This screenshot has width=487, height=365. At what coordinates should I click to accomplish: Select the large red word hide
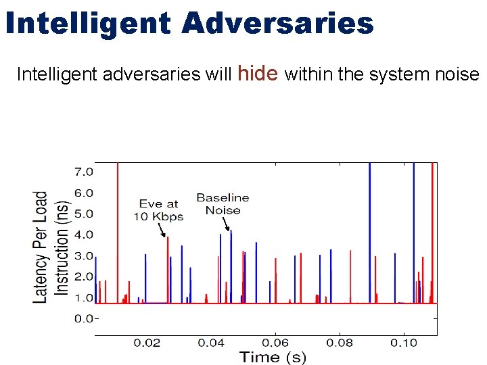coord(259,72)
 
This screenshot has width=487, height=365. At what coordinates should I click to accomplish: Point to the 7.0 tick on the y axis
coord(84,172)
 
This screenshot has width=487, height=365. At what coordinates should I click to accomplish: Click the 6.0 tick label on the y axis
coord(84,193)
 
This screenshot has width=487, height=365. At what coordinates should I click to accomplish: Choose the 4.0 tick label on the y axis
coord(84,235)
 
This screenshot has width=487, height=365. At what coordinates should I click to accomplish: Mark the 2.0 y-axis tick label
coord(84,276)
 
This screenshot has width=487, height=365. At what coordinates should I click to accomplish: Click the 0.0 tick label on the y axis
coord(84,318)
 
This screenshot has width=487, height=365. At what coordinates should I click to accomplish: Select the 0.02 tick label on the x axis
coord(147,343)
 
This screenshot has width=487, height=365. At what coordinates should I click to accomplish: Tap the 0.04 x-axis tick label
coord(211,343)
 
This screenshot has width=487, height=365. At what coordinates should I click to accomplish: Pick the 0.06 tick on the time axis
coord(275,343)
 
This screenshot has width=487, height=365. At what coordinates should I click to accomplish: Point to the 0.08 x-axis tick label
coord(340,343)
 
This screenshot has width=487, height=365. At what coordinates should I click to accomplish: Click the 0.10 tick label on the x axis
coord(404,343)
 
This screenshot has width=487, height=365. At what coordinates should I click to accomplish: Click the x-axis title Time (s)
coord(273,357)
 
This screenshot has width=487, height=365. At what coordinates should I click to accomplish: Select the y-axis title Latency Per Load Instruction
coord(51,247)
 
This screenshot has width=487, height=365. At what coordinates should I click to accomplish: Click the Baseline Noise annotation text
coord(223,203)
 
